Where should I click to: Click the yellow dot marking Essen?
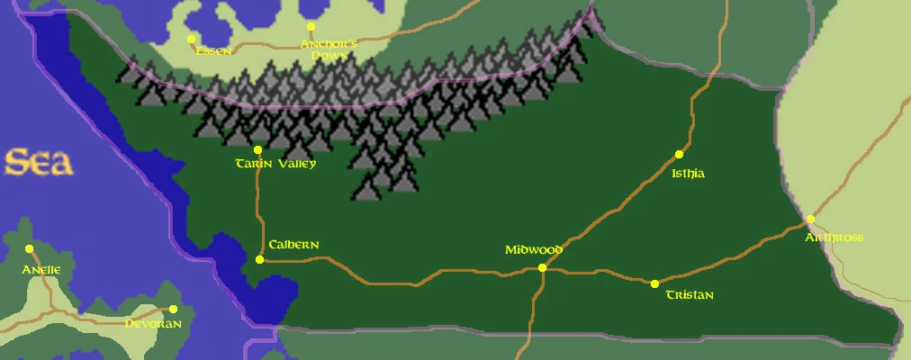(191, 39)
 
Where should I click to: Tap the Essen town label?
(213, 51)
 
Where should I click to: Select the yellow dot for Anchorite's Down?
(311, 27)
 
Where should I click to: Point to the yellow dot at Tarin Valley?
(257, 149)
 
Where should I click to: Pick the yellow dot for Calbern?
(259, 259)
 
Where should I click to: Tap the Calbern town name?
(293, 245)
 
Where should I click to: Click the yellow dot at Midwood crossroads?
(542, 267)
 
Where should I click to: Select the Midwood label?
(533, 250)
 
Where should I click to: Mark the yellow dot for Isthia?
(680, 155)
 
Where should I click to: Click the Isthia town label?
(688, 174)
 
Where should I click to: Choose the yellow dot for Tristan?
(654, 283)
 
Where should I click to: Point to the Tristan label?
(689, 295)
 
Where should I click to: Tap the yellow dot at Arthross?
(810, 219)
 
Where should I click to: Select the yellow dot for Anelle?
(29, 248)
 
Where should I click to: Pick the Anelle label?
(41, 269)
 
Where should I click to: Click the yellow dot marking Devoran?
(173, 309)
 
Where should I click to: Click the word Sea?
(38, 163)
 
